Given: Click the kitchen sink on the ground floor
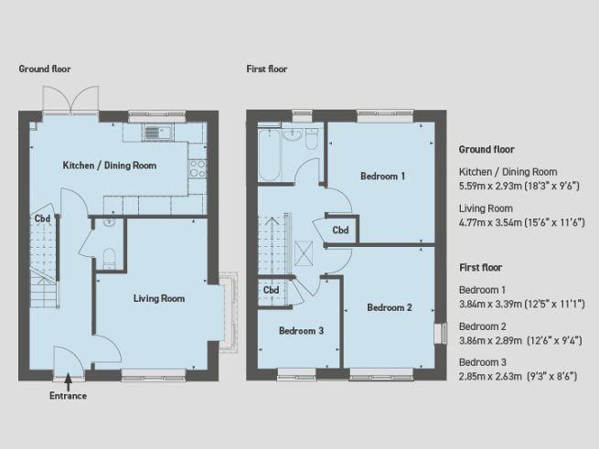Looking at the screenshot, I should pyautogui.click(x=157, y=134).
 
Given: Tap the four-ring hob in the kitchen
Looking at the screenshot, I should pyautogui.click(x=197, y=168).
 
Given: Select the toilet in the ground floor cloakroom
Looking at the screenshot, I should pyautogui.click(x=107, y=257).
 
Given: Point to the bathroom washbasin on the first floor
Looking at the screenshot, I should pyautogui.click(x=294, y=134).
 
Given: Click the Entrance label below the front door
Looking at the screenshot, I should pyautogui.click(x=69, y=396).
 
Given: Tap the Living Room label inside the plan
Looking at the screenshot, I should pyautogui.click(x=159, y=298).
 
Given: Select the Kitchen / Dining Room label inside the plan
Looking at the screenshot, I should pyautogui.click(x=109, y=166).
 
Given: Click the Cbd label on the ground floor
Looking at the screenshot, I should pyautogui.click(x=42, y=219).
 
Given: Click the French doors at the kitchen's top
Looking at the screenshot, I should pyautogui.click(x=70, y=102).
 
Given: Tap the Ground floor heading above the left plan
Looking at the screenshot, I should pyautogui.click(x=45, y=69).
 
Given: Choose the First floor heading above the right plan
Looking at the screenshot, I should pyautogui.click(x=266, y=69).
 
